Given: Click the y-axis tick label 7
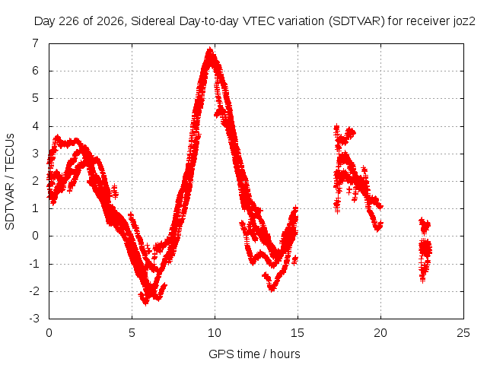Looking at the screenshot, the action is pos(35,43).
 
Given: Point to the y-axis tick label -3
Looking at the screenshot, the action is pos(34,319).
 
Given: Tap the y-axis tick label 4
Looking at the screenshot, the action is pos(35,126).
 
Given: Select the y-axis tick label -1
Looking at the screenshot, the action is pos(34,264).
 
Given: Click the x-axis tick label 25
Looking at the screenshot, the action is pos(463,333).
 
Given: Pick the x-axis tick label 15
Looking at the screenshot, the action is pos(298,333).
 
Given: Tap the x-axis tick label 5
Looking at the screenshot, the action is pos(132,333).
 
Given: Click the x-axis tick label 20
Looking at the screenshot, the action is pos(380,333).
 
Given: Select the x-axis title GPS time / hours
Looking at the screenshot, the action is pos(254,354).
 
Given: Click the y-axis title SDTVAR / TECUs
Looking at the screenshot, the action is pos(10,182).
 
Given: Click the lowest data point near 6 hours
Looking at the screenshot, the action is pos(146,303).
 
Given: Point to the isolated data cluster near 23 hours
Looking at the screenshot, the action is pos(425,249).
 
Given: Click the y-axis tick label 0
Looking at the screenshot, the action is pos(35,236).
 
